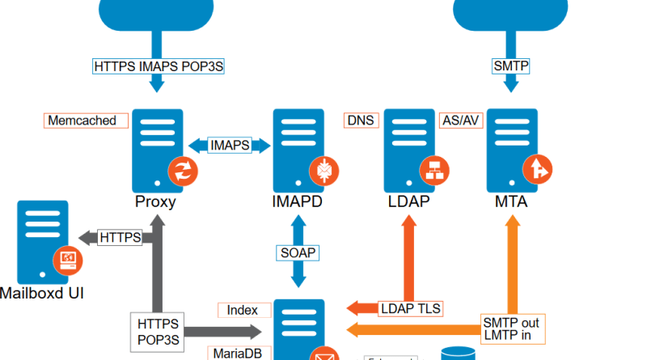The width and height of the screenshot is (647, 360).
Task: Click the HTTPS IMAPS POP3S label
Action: [158, 66]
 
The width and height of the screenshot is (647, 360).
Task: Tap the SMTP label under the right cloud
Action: [511, 66]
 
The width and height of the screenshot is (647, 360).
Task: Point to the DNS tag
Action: [361, 121]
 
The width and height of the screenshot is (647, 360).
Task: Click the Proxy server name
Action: [155, 201]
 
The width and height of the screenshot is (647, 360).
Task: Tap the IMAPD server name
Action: [297, 201]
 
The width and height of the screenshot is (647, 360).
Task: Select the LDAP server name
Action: [410, 201]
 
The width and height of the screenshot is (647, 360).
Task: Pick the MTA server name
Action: [511, 201]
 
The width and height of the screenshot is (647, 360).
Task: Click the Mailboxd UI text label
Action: [42, 292]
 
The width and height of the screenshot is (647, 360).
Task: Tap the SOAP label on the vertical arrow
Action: [298, 253]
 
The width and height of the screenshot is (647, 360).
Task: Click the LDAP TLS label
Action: [410, 308]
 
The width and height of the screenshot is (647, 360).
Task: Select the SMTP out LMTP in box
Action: [511, 328]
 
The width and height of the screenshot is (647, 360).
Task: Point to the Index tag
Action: [242, 310]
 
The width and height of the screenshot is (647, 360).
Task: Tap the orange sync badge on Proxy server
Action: [182, 171]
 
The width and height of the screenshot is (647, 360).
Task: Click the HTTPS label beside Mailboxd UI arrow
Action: [120, 237]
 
